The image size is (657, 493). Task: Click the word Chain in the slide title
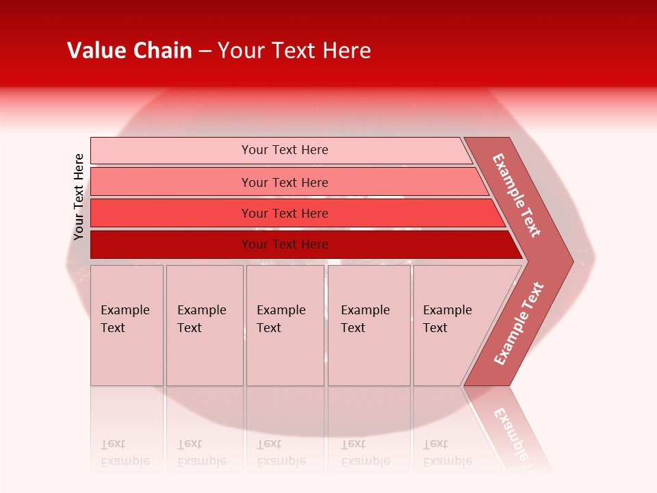click(162, 51)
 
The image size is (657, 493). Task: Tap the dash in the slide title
click(205, 51)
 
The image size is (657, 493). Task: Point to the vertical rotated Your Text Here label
click(79, 197)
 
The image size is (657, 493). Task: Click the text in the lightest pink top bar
click(285, 150)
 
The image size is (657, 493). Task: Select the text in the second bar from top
click(285, 182)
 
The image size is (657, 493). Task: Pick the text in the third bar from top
click(285, 214)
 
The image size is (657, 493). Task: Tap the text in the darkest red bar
click(285, 244)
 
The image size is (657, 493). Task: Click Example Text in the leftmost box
click(125, 319)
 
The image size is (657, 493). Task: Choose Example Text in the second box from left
click(201, 319)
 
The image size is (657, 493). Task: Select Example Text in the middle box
click(281, 319)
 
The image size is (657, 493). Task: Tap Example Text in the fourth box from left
click(365, 319)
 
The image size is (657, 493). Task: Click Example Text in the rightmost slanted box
click(447, 319)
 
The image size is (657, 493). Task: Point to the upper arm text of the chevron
click(517, 196)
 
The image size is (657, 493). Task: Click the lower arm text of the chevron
click(519, 324)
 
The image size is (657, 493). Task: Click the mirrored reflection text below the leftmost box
click(125, 453)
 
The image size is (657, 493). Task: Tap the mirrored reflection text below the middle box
click(281, 453)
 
